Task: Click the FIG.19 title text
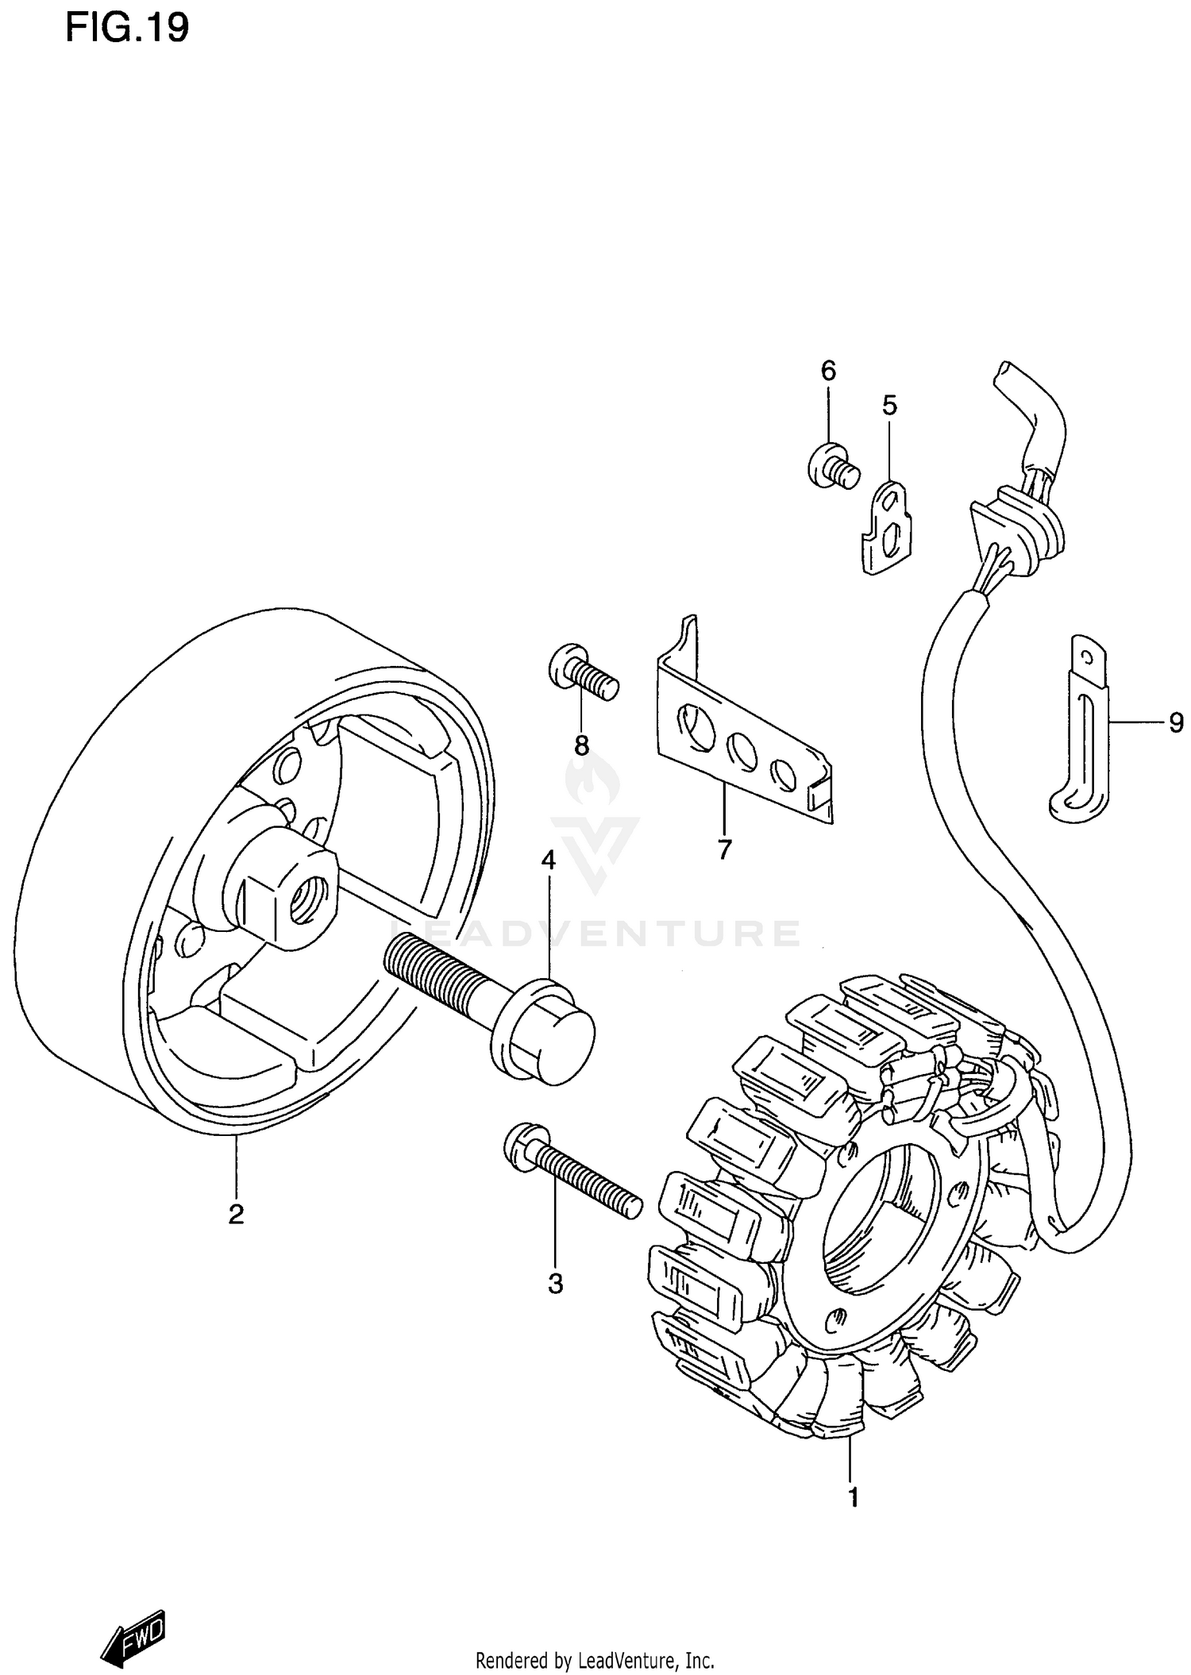127,29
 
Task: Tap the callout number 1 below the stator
853,1497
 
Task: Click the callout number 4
549,860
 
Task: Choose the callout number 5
889,406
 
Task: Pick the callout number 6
828,371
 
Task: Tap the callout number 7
724,850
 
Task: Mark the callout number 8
581,745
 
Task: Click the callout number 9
1176,723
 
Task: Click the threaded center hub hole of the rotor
304,896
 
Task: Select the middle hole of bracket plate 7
743,750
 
